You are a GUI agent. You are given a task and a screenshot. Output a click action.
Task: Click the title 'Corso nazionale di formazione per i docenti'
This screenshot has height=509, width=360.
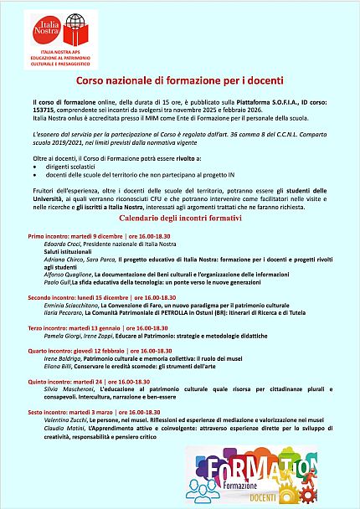coord(179,82)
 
